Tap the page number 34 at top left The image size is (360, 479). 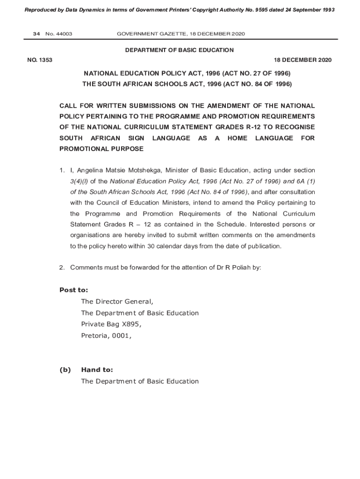pyautogui.click(x=36, y=34)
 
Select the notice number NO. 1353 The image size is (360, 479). pyautogui.click(x=40, y=60)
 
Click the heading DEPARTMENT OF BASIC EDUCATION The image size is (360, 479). pyautogui.click(x=180, y=50)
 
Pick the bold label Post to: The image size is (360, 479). pyautogui.click(x=73, y=290)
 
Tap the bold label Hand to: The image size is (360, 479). pyautogui.click(x=97, y=370)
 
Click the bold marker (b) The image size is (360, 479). pyautogui.click(x=65, y=370)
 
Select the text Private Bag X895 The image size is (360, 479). pyautogui.click(x=111, y=324)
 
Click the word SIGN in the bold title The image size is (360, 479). pyautogui.click(x=136, y=138)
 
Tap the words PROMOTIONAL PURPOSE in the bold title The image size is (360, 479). pyautogui.click(x=101, y=149)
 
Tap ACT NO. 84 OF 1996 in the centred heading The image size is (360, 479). pyautogui.click(x=257, y=84)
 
